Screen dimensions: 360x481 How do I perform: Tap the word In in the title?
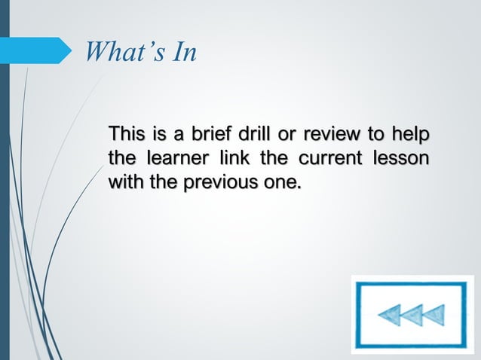(182, 53)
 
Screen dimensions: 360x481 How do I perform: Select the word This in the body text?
(127, 136)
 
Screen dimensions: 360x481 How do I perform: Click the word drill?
(255, 136)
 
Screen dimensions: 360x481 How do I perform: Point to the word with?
(125, 182)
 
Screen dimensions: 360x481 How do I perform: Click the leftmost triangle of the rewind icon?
(388, 314)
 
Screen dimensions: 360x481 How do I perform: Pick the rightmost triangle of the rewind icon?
(434, 314)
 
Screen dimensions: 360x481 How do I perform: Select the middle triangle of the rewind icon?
(411, 314)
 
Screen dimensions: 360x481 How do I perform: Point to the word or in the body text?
(286, 136)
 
